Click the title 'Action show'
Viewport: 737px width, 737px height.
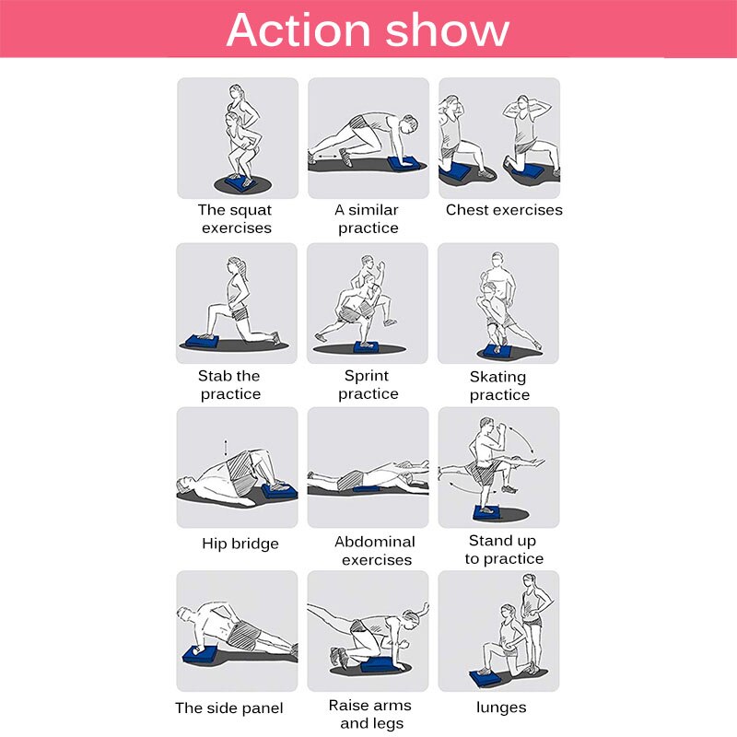pyautogui.click(x=368, y=29)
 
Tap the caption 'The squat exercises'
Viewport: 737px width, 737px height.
pyautogui.click(x=237, y=219)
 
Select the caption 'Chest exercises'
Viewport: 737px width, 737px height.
pyautogui.click(x=504, y=210)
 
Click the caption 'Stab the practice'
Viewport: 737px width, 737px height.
pyautogui.click(x=229, y=385)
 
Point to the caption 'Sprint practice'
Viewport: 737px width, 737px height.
pyautogui.click(x=368, y=385)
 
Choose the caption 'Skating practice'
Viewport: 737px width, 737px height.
pyautogui.click(x=499, y=386)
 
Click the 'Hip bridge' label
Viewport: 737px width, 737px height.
pyautogui.click(x=240, y=544)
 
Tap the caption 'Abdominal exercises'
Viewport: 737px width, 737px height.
pyautogui.click(x=375, y=551)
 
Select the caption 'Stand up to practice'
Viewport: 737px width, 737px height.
pyautogui.click(x=503, y=550)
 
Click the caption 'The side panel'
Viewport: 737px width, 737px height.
pyautogui.click(x=229, y=708)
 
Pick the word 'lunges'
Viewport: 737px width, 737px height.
pyautogui.click(x=501, y=708)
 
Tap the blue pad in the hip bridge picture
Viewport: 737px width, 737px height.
pyautogui.click(x=278, y=489)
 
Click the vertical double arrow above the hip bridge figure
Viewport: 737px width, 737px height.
pyautogui.click(x=227, y=448)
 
